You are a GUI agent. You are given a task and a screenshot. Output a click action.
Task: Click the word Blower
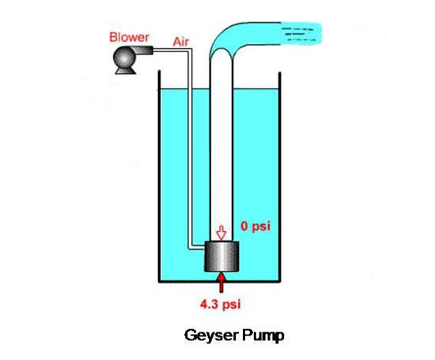[129, 37]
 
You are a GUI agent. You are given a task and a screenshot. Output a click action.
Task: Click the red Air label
[181, 42]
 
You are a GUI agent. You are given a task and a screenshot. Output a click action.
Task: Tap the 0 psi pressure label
[255, 226]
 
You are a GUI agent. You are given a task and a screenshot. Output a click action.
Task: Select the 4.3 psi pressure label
[221, 304]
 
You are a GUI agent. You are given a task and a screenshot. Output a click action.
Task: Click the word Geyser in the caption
[211, 335]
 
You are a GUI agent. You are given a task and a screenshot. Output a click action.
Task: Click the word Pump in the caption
[263, 335]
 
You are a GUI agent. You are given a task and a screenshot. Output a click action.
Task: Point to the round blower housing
[124, 58]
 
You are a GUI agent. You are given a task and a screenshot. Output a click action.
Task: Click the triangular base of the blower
[126, 70]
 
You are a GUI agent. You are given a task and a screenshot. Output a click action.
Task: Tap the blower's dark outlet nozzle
[144, 50]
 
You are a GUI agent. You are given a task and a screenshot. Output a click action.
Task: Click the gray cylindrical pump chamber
[221, 256]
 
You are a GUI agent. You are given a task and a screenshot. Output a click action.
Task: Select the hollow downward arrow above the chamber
[221, 233]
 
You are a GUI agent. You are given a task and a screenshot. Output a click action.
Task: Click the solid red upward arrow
[221, 282]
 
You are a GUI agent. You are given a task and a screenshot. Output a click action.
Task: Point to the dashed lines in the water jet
[299, 34]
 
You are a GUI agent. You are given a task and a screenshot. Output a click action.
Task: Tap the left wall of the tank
[160, 176]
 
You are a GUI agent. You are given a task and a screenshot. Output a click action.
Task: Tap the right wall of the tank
[280, 177]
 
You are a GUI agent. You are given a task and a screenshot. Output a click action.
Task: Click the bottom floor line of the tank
[220, 282]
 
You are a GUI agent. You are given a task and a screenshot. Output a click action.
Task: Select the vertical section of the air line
[190, 149]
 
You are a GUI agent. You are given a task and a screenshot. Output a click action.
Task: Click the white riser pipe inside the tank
[221, 150]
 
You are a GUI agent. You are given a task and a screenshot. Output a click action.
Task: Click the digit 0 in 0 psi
[244, 226]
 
